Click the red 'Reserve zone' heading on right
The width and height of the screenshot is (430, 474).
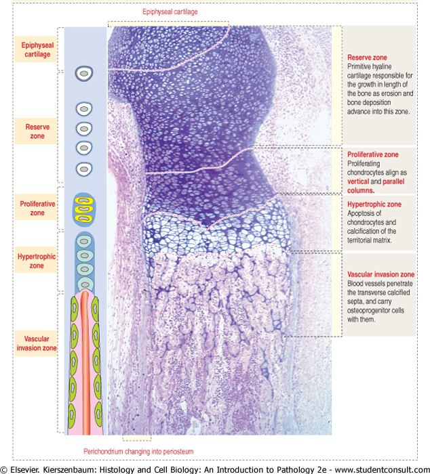click(368, 58)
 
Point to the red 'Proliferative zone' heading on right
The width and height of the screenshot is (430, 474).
click(372, 154)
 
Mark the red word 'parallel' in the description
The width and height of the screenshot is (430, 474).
click(392, 181)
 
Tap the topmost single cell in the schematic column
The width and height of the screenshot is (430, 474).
click(85, 74)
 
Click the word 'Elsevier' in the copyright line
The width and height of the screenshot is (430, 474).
click(27, 468)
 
